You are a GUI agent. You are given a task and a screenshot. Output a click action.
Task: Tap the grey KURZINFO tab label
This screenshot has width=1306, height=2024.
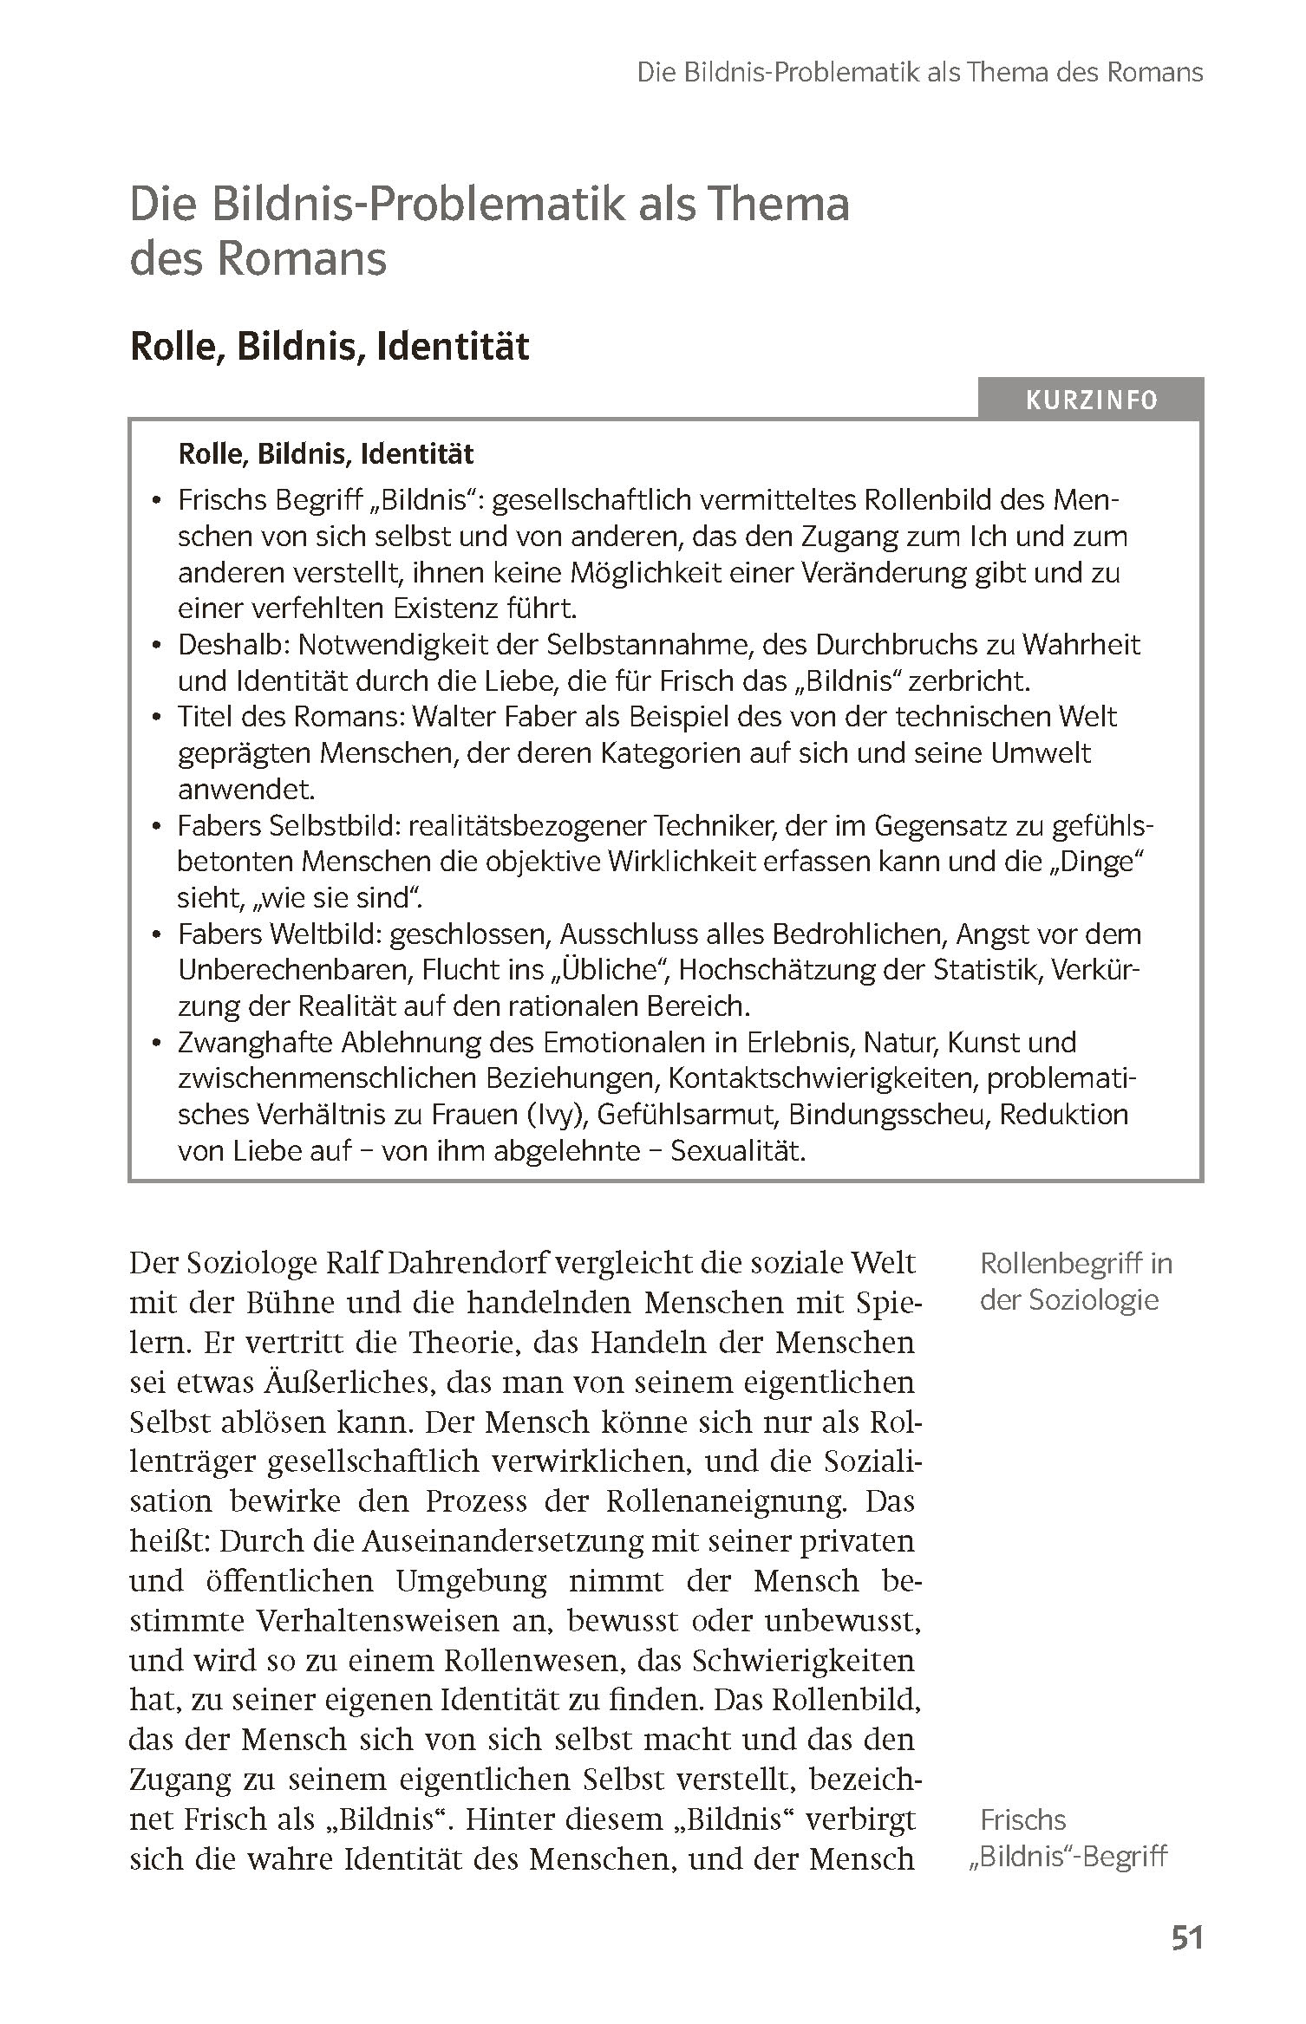click(1091, 400)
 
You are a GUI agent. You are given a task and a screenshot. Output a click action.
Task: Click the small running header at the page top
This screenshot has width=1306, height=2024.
click(919, 72)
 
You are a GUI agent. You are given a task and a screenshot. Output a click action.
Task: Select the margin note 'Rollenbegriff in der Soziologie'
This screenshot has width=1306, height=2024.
click(1075, 1281)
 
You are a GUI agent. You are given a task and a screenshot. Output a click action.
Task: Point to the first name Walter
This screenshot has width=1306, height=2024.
click(459, 717)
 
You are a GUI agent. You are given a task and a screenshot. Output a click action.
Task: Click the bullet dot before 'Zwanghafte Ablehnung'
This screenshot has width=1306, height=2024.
click(156, 1044)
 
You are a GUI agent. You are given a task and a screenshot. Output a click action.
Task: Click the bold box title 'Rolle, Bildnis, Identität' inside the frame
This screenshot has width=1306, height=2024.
click(326, 453)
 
